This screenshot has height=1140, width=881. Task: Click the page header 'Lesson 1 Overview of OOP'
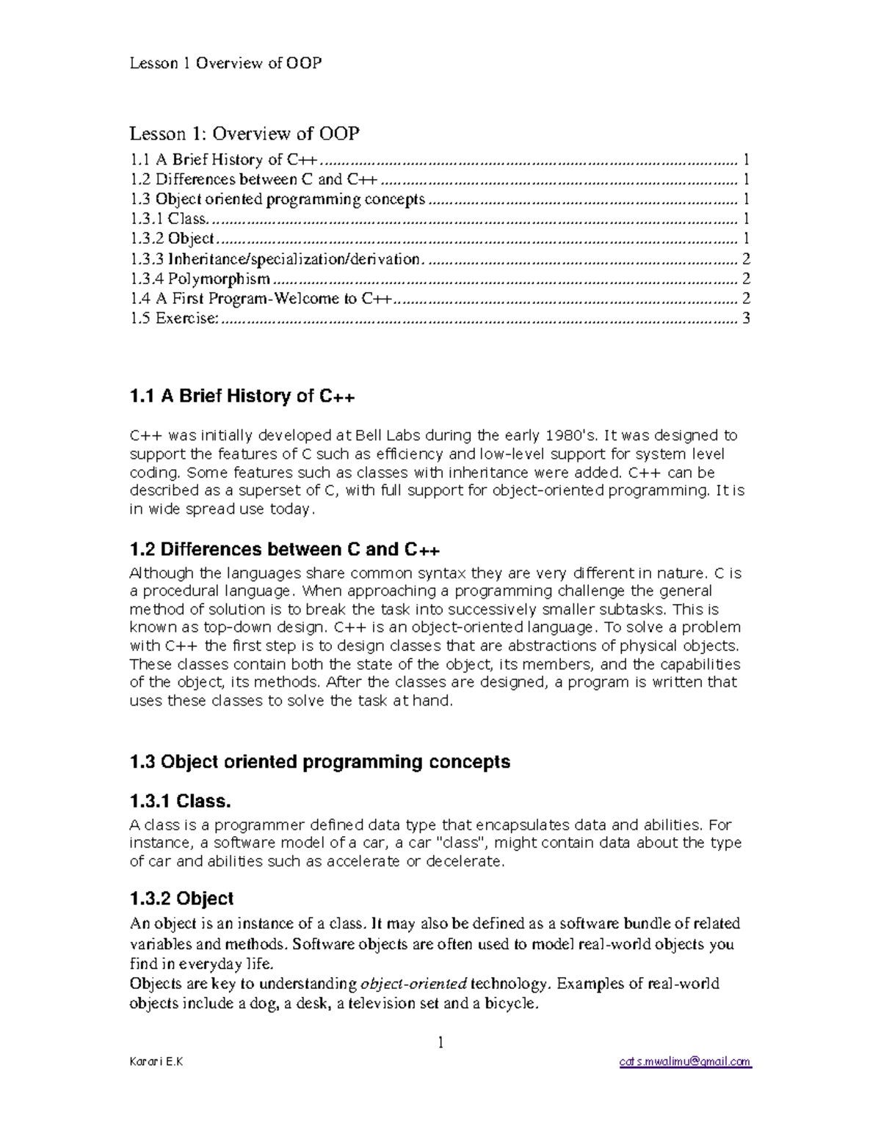click(225, 63)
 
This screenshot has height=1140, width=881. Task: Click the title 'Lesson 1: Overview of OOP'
click(244, 134)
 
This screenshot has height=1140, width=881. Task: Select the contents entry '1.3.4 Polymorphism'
click(200, 279)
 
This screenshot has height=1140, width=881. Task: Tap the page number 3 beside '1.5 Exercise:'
click(746, 319)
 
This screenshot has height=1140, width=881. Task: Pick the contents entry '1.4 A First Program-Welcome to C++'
click(261, 299)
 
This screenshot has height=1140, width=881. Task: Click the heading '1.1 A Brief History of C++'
click(242, 396)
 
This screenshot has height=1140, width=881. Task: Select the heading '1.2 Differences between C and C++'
click(284, 550)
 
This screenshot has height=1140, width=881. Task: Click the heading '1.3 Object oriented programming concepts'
click(319, 762)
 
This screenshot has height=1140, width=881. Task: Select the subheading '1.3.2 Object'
click(181, 899)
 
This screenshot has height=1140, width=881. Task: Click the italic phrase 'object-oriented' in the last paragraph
click(413, 984)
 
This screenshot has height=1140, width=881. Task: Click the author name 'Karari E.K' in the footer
click(156, 1061)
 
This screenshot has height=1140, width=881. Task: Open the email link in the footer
click(685, 1061)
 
